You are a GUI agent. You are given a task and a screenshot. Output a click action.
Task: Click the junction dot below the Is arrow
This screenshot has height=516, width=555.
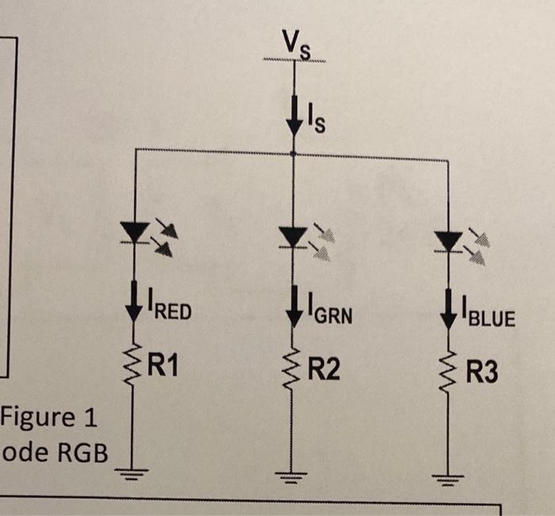coord(294,153)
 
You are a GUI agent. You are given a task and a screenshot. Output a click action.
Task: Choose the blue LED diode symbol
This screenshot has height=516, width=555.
coord(450,239)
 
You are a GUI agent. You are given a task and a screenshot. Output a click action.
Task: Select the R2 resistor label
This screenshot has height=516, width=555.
coord(324,369)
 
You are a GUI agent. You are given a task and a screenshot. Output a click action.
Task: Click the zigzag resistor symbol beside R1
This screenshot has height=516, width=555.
coord(131,365)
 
